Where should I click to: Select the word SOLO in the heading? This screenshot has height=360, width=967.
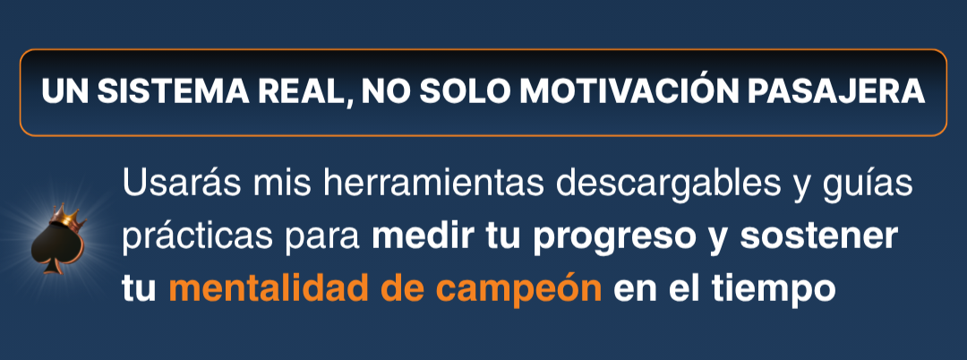click(x=465, y=92)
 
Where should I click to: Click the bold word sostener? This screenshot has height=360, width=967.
click(x=818, y=236)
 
